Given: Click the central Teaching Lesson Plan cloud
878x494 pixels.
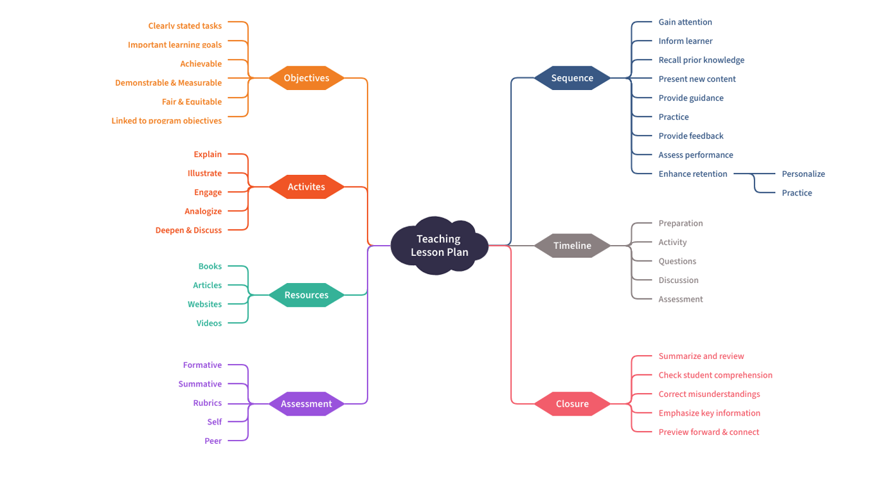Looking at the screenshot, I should tap(440, 246).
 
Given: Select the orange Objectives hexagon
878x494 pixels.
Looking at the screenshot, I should tap(307, 78).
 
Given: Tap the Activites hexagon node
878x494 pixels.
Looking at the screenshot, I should tap(307, 187).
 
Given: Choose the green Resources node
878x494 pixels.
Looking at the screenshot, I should tap(307, 295).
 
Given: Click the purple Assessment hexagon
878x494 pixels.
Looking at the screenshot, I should tap(307, 404).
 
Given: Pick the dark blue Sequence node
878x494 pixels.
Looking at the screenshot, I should tap(572, 78).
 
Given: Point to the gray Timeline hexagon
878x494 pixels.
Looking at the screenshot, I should tap(572, 246).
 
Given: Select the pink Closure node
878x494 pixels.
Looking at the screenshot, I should tap(572, 404).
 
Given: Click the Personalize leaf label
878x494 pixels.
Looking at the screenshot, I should tap(803, 174).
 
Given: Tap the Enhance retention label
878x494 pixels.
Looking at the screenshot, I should tap(692, 174).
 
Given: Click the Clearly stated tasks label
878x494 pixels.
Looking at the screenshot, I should tap(185, 26).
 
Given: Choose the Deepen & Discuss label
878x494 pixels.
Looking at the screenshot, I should tap(188, 230).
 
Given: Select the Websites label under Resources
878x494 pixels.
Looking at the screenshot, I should tap(204, 304).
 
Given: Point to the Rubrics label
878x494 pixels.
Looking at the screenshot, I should tap(207, 403).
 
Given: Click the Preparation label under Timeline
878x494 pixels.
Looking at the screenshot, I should tap(680, 223).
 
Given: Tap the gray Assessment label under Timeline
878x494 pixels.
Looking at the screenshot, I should tap(680, 299).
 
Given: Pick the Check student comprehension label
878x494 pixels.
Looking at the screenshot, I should tap(715, 375).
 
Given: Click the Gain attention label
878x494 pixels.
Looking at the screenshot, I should tap(685, 22).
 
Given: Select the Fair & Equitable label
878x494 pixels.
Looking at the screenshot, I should tap(192, 102).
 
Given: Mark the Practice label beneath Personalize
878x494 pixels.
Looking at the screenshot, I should tap(796, 193).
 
